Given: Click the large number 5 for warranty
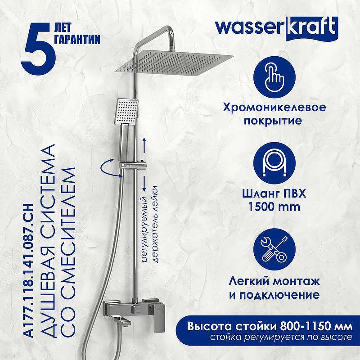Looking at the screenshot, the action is pos(38,49).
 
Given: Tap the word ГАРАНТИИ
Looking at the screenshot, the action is pos(77,39).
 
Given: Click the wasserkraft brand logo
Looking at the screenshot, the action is pos(277,29).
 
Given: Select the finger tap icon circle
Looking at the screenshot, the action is pos(274,77).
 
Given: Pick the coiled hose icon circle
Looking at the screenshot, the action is pos(274,163).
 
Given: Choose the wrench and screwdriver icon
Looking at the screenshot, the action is pos(274,249).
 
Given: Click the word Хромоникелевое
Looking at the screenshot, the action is pos(274,107).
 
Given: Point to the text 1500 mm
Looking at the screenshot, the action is pos(274,207).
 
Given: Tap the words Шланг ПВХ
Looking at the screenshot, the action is pos(274,193).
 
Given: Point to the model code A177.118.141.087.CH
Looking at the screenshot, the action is pos(29,270).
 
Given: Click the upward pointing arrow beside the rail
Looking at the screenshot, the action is pos(144,145).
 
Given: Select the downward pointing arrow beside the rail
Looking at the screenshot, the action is pos(144,184).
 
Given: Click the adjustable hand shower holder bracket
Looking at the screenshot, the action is pos(134,165).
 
